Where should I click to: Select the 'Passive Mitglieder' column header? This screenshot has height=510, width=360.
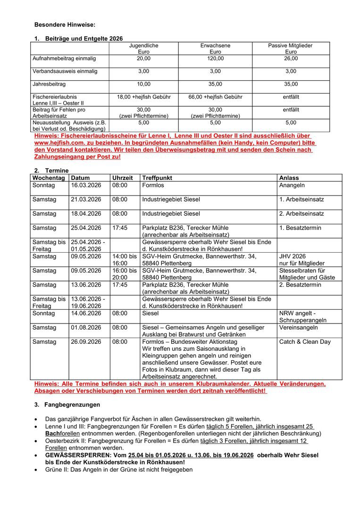coord(291,45)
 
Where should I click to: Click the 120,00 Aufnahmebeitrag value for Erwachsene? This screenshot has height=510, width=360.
coord(215,59)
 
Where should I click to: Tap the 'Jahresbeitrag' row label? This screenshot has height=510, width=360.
coord(49,84)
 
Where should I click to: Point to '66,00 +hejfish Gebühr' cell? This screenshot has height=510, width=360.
coord(215,97)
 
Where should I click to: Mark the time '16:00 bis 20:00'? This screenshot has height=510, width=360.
coord(124,274)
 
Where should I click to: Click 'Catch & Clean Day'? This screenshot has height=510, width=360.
coord(305,341)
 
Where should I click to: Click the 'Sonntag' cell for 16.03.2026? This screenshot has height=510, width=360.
coord(44,185)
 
